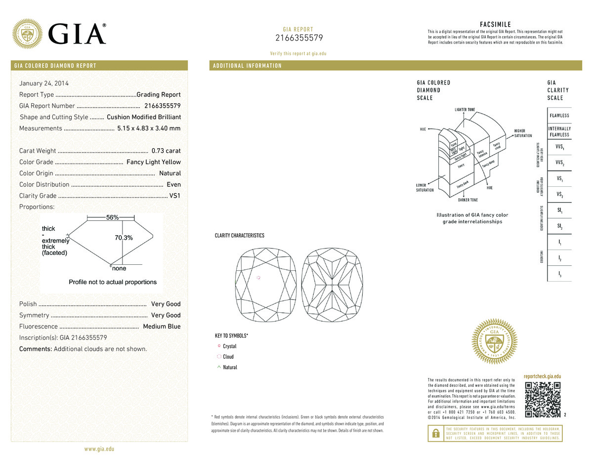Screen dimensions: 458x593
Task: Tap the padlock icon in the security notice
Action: coord(435,433)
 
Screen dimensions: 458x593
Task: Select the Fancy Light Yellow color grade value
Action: coord(154,162)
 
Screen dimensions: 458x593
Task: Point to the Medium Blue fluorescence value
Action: coord(162,327)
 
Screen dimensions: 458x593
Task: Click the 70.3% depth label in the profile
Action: coord(124,238)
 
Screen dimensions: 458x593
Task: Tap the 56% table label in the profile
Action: coord(112,218)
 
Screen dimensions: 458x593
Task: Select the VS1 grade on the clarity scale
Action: coord(559,179)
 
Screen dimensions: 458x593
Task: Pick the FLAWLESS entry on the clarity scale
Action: coord(559,116)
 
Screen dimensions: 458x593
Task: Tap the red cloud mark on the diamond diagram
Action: coord(258,278)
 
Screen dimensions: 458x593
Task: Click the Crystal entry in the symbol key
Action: coord(229,346)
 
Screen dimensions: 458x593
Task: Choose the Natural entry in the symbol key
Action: coord(230,367)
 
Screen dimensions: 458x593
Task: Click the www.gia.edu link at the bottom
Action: coord(99,449)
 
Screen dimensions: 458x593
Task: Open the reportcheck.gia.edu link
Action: coord(542,376)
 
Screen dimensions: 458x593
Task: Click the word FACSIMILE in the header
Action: coord(495,25)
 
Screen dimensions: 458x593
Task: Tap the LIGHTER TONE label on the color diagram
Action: coord(465,109)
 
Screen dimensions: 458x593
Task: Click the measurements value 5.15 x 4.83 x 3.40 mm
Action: coord(149,128)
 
